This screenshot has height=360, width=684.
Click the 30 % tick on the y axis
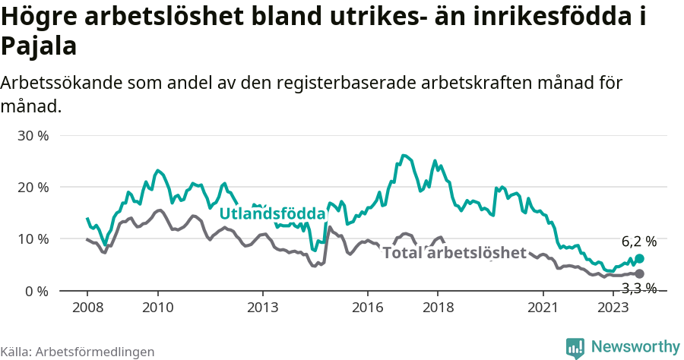33,136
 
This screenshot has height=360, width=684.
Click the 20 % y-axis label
33,188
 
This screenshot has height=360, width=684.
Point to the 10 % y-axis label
33,239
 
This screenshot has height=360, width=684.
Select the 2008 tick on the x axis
87,307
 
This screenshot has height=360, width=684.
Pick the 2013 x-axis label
262,307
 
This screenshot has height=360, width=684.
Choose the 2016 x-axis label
367,307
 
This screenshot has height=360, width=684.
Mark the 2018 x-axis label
438,307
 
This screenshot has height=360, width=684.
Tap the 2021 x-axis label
543,307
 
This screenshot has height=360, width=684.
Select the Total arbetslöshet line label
454,253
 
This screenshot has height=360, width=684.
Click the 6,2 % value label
638,242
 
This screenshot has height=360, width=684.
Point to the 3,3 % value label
638,288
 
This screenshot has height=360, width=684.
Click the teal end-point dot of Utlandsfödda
639,259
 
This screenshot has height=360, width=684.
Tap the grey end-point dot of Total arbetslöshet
639,273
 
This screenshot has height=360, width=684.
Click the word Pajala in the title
39,47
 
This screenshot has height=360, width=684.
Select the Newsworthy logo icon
575,347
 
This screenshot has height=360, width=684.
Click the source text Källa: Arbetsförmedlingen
78,352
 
